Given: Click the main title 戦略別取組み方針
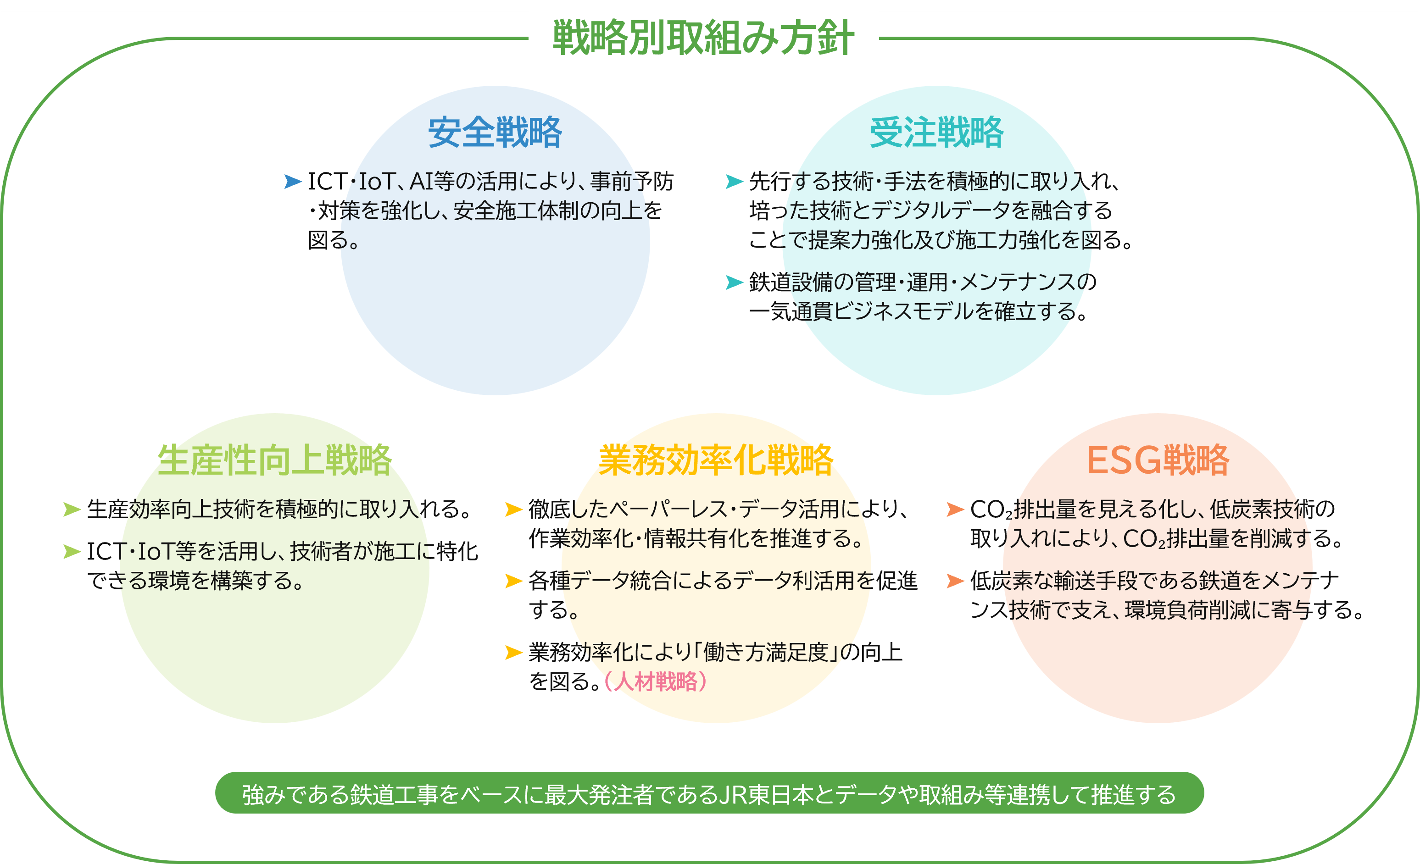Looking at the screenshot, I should [703, 38].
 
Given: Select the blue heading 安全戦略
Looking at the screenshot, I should [495, 133].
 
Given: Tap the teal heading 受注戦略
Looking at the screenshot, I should [936, 133].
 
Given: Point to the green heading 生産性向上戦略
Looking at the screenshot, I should [274, 460].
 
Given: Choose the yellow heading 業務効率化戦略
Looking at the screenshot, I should [716, 460].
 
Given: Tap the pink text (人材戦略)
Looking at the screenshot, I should [655, 681].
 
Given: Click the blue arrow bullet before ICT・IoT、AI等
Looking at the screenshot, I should [293, 182].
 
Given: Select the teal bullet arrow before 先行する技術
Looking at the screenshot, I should [734, 182].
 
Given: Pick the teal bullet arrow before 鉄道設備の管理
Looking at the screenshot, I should [734, 282].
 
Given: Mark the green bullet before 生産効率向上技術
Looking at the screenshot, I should [72, 509].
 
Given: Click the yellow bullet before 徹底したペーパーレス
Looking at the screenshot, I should [513, 509].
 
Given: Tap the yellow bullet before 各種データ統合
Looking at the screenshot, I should [513, 581].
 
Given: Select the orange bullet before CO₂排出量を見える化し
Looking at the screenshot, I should [955, 509].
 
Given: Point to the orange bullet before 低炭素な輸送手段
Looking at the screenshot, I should [955, 581].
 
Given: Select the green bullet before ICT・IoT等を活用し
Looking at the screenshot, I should [72, 552].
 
